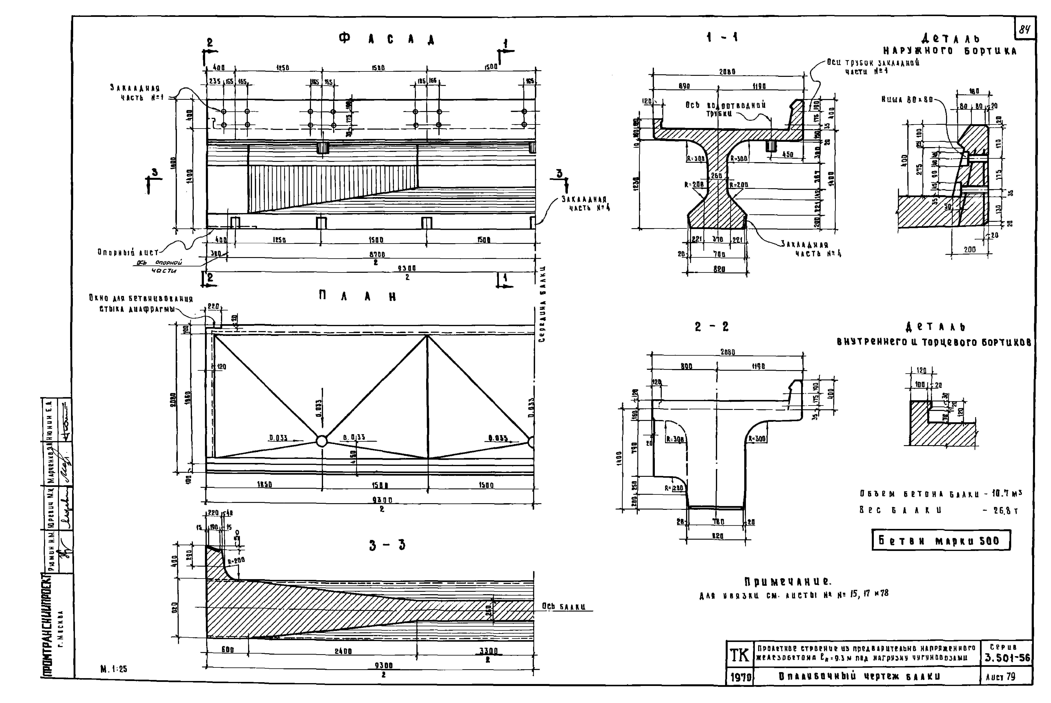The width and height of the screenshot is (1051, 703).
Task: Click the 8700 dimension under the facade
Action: coord(377,254)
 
